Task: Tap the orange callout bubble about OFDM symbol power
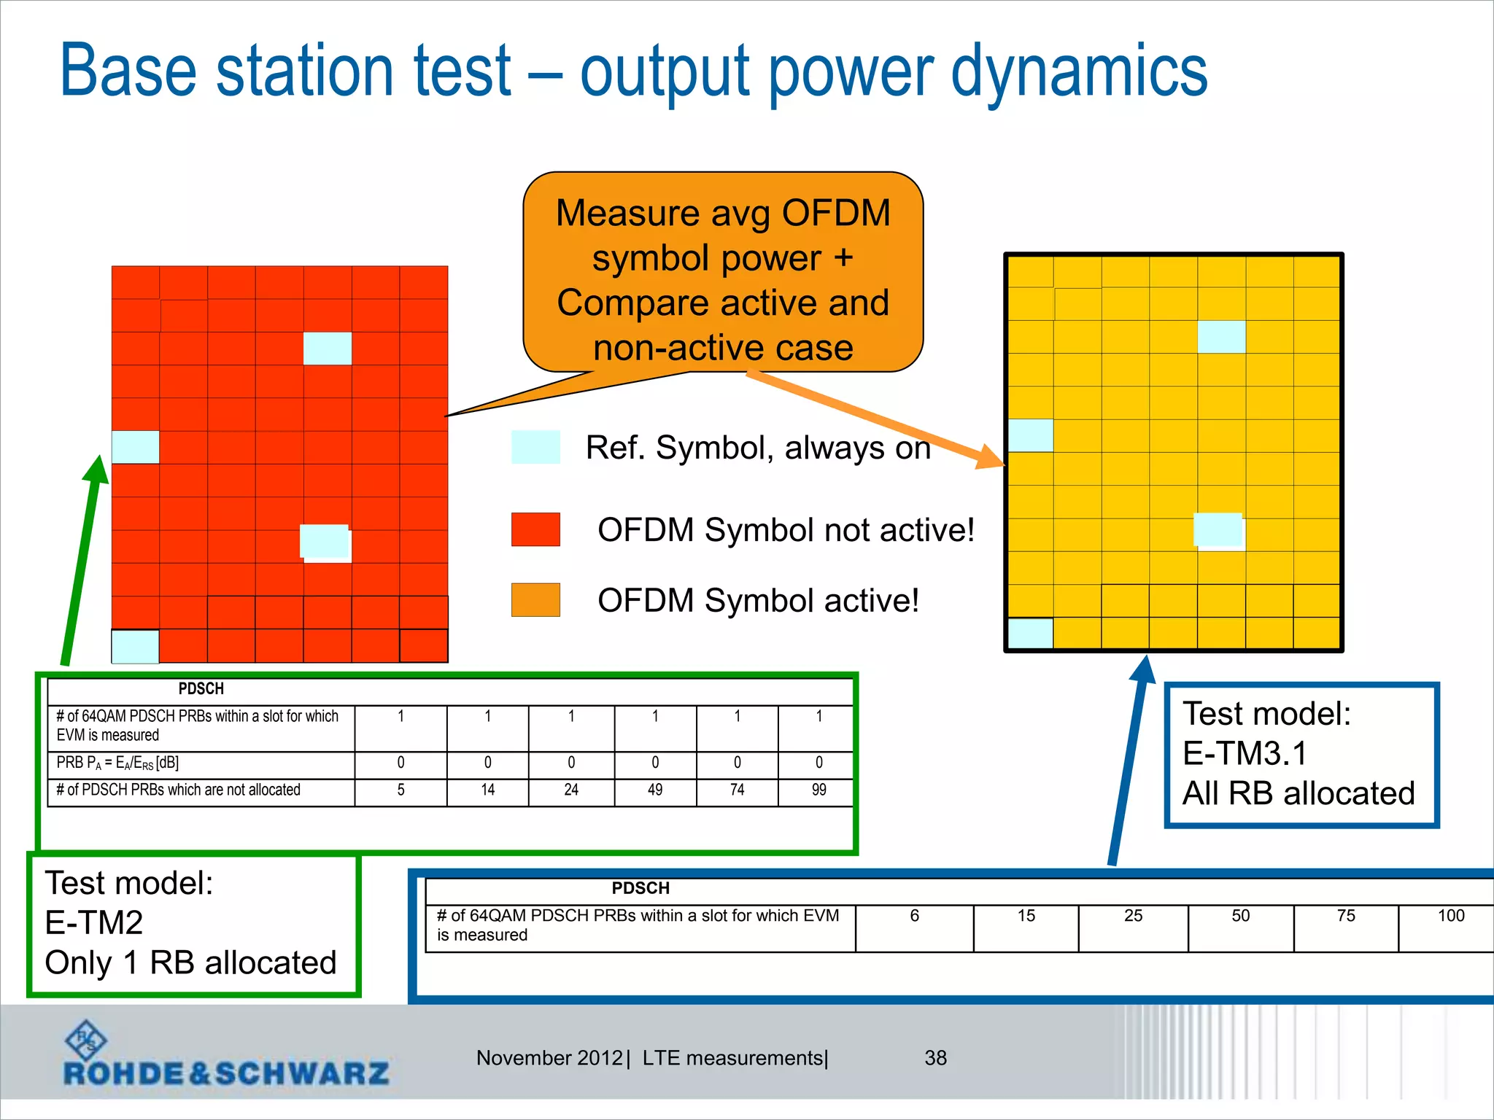click(722, 277)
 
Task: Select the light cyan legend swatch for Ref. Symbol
click(535, 447)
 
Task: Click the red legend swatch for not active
click(535, 529)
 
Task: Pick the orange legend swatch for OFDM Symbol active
click(535, 600)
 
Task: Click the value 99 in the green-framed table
click(818, 790)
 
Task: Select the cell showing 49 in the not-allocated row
click(655, 790)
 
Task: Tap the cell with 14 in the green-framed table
click(487, 790)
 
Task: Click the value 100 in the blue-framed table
click(1450, 916)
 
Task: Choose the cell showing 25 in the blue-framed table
click(1133, 916)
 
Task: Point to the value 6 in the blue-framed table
click(914, 916)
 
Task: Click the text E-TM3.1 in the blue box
click(1245, 753)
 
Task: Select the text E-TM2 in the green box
click(94, 923)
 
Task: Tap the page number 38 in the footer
click(935, 1058)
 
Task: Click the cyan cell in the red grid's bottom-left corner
click(135, 647)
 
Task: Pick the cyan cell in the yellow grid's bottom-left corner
click(1030, 633)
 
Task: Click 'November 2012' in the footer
click(549, 1058)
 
